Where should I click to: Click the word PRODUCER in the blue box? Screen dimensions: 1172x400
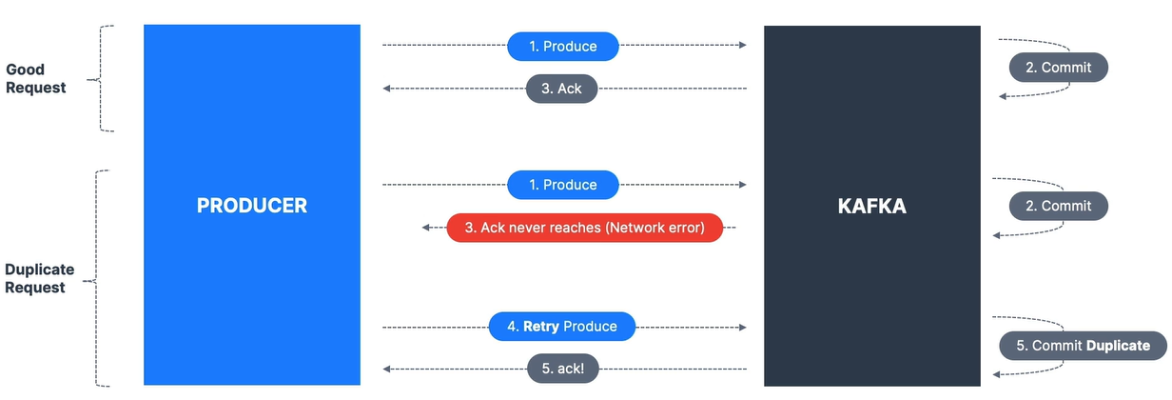252,205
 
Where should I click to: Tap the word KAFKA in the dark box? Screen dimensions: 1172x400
871,206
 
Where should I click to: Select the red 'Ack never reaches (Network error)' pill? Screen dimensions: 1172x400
584,228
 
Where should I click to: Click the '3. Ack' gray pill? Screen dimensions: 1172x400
561,89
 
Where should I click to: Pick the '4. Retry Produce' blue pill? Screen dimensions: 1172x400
562,327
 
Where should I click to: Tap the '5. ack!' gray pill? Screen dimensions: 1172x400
562,369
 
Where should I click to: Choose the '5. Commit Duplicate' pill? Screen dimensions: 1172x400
1083,346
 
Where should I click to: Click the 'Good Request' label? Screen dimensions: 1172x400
35,78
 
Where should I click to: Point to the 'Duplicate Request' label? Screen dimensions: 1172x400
39,278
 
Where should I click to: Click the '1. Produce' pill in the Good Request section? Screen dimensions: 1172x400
563,46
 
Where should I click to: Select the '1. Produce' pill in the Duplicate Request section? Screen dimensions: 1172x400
563,185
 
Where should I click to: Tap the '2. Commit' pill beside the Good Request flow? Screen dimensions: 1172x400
1059,67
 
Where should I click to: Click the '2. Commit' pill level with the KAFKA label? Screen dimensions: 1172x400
1059,206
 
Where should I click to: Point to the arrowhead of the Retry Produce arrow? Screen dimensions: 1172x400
742,328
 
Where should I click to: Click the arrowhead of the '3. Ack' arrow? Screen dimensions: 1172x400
386,89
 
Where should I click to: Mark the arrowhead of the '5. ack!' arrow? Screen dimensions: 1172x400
386,370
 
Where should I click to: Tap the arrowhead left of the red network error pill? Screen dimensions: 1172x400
426,228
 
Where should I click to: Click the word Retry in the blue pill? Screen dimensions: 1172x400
541,327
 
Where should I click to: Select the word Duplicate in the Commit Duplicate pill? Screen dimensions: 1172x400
1118,346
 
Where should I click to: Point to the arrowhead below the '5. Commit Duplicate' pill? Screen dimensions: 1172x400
997,374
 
